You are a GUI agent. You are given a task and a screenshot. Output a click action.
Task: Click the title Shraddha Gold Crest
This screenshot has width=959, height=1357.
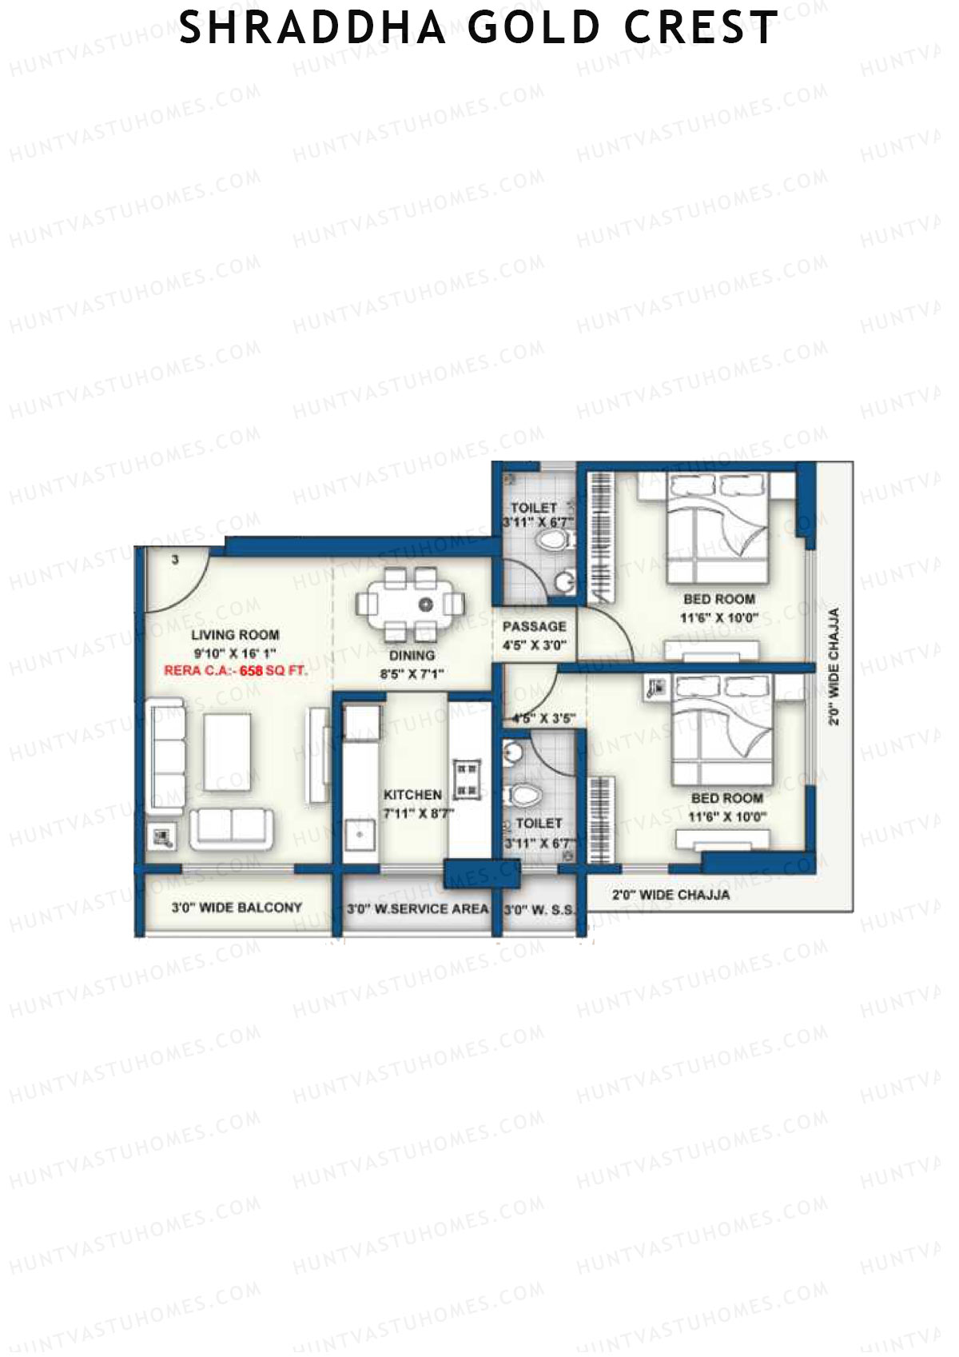tap(478, 28)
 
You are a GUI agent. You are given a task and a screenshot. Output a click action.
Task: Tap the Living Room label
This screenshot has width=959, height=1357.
tap(235, 635)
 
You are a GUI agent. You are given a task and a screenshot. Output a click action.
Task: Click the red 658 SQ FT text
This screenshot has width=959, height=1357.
tap(274, 671)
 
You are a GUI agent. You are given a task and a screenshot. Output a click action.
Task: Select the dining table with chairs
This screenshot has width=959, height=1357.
tap(410, 604)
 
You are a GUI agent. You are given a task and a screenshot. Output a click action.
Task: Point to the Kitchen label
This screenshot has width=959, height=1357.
tap(412, 794)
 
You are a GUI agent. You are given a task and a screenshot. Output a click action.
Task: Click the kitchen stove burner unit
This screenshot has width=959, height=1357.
tap(467, 780)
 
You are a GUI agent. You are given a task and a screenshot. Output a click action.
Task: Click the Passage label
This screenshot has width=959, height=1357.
tap(534, 626)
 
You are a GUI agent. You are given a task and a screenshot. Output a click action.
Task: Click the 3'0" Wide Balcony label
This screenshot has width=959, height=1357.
tap(237, 908)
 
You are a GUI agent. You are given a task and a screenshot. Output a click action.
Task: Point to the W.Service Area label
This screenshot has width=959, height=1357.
tap(417, 909)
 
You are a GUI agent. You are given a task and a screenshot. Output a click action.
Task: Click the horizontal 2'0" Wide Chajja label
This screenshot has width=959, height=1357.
tap(671, 895)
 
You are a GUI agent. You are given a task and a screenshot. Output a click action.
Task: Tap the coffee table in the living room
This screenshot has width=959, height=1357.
tap(226, 752)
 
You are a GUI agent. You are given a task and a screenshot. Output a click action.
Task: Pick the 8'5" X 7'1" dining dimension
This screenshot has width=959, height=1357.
tap(412, 674)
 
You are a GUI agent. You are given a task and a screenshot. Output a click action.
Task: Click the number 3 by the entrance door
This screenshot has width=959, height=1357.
tap(175, 560)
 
